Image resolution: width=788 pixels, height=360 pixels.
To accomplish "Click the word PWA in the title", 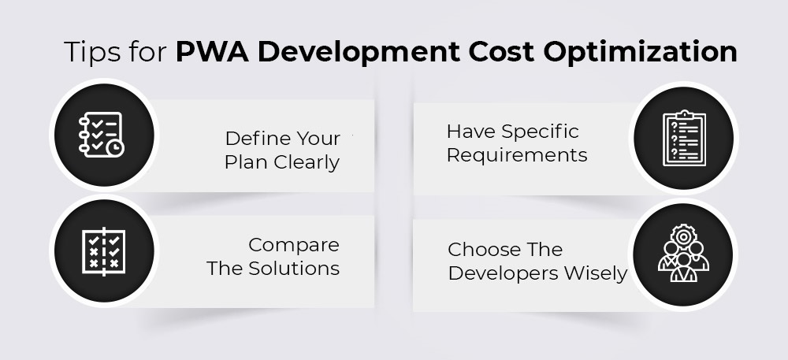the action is coord(211,51).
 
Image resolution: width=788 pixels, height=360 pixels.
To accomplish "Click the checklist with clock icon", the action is coord(101,135).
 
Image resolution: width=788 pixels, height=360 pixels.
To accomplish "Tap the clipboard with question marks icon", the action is coord(684,138).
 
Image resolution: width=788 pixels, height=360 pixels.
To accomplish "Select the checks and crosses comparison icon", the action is coord(103,251).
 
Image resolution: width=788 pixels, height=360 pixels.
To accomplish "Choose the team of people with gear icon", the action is coord(683,253).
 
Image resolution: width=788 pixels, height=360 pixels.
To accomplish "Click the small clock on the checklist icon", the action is coord(116,148).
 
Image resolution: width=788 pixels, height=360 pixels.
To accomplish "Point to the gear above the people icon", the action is coord(683,236).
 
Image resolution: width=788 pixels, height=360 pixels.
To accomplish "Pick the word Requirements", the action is coord(517,155).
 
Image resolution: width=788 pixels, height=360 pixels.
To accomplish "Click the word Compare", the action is coord(294,246).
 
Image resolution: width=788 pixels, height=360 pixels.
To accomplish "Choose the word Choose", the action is coord(478,250).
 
